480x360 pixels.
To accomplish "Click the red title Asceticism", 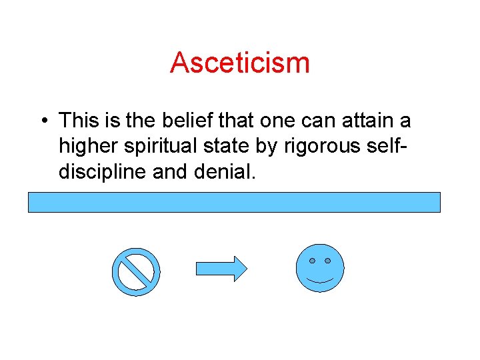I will click(240, 63).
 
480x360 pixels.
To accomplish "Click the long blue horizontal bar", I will click(234, 202).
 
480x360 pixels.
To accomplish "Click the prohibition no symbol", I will click(137, 272).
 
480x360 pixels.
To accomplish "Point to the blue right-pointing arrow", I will click(221, 269).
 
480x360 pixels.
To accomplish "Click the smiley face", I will click(320, 268).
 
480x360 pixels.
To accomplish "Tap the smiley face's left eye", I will click(311, 260).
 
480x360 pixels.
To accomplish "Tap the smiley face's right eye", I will click(328, 260).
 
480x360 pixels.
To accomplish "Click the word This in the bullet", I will click(78, 121).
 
